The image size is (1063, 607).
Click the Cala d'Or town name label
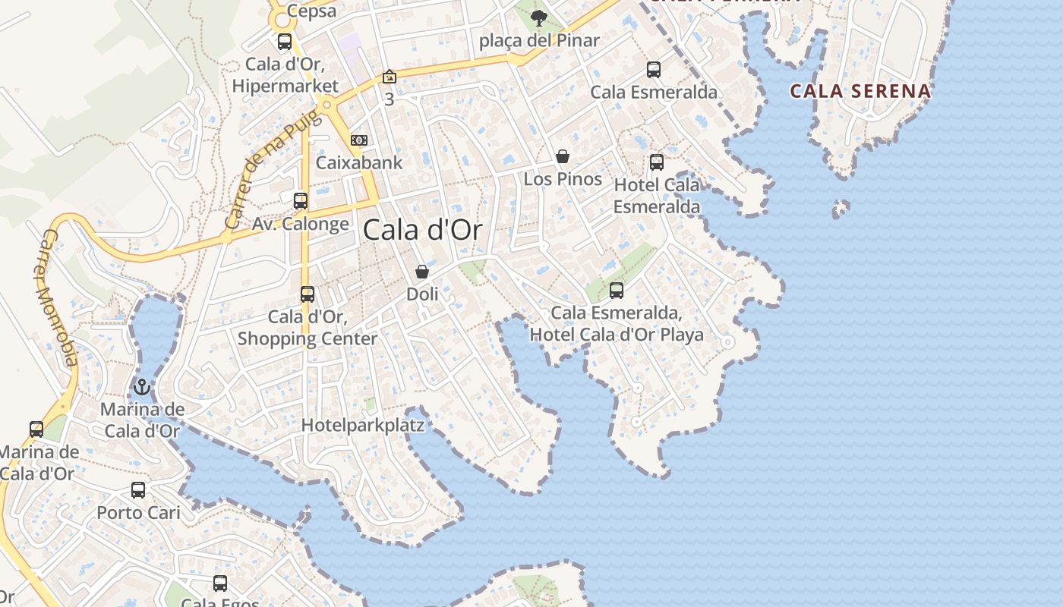[x=422, y=229]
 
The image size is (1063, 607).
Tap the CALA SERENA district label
[x=860, y=91]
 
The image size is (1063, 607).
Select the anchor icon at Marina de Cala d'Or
[x=141, y=388]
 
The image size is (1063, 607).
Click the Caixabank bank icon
[x=359, y=140]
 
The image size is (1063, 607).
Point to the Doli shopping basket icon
[x=422, y=272]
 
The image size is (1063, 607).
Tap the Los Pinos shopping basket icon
[x=563, y=157]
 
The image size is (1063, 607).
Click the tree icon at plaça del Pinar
[x=539, y=17]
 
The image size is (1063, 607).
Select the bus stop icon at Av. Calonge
[x=301, y=201]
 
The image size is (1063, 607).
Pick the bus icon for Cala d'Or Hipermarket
[x=285, y=42]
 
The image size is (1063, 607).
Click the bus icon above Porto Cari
[x=138, y=490]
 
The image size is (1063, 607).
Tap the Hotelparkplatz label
[x=363, y=425]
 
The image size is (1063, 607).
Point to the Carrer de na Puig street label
[x=263, y=177]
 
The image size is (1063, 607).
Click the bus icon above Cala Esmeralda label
[x=654, y=70]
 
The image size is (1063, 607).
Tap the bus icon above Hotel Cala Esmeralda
[x=657, y=162]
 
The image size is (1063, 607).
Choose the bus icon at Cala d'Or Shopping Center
[x=308, y=294]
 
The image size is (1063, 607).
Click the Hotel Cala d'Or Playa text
[x=617, y=335]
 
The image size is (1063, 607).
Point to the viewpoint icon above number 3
[x=390, y=77]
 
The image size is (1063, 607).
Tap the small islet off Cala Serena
[x=841, y=208]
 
